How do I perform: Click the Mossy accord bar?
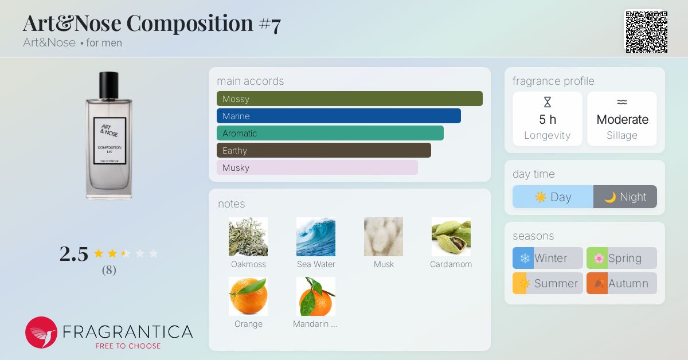click(x=350, y=99)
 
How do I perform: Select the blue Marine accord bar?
click(x=338, y=116)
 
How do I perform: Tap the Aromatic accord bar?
click(x=330, y=133)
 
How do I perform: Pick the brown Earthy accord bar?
click(x=324, y=150)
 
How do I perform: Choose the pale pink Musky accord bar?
click(x=317, y=167)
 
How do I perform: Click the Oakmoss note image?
click(x=248, y=237)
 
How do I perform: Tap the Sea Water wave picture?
click(x=316, y=237)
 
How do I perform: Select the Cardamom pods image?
click(x=451, y=237)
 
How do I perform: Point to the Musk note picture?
click(x=384, y=237)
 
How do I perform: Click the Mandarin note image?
click(x=316, y=296)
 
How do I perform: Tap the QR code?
click(x=647, y=32)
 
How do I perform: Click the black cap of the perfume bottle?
click(x=109, y=85)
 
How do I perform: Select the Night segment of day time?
click(x=625, y=197)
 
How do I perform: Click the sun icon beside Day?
click(x=541, y=197)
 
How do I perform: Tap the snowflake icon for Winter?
click(x=525, y=258)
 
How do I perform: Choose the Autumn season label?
click(x=628, y=283)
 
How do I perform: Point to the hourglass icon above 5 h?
click(x=548, y=102)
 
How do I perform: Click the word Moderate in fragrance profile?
click(x=622, y=119)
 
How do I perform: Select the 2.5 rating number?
click(x=74, y=254)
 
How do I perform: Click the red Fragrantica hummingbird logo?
click(x=41, y=332)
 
